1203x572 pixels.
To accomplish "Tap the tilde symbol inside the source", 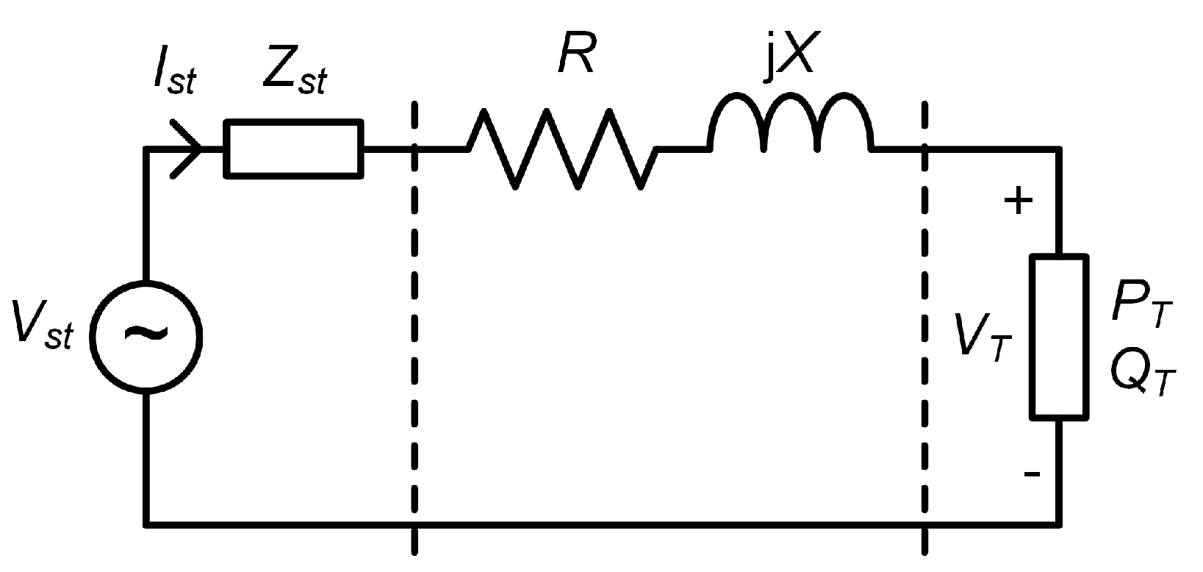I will coord(146,335).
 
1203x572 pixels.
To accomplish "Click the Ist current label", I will coord(174,75).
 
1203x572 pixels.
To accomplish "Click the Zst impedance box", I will coord(293,149).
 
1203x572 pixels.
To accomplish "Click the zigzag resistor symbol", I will coord(562,149).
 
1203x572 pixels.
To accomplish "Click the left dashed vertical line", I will coord(415,331).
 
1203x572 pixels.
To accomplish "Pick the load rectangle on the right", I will coord(1059,337).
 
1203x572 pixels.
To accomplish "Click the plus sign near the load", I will coord(1019,201).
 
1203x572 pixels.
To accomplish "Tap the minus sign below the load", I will coord(1032,474).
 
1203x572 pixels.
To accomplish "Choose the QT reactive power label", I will coord(1143,374).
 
